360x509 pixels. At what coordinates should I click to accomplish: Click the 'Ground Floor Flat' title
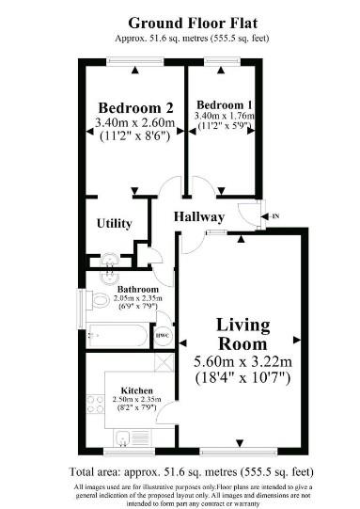click(x=193, y=24)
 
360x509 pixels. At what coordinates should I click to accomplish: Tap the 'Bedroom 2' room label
click(x=135, y=108)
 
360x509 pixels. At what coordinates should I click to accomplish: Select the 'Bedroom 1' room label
click(x=224, y=105)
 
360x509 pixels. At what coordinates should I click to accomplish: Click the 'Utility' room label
click(x=114, y=223)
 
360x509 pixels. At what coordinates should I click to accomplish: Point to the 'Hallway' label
click(x=199, y=216)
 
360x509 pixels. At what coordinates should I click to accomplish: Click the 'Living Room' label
click(x=243, y=334)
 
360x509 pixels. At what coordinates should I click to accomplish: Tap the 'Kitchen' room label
click(x=136, y=390)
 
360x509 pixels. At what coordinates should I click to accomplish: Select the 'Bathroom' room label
click(x=138, y=289)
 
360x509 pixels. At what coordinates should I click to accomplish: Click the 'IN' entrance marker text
click(x=275, y=216)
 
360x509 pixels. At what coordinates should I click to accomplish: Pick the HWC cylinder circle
click(x=163, y=335)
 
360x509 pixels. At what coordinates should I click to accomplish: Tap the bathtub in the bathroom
click(x=117, y=336)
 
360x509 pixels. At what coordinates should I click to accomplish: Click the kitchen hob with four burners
click(x=95, y=404)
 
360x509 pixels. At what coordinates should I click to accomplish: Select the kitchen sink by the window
click(x=122, y=438)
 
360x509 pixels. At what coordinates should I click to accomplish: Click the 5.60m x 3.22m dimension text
click(x=243, y=361)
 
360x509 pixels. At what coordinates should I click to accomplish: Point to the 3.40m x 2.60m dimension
click(x=135, y=122)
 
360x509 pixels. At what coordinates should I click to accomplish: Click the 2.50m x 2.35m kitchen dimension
click(x=136, y=399)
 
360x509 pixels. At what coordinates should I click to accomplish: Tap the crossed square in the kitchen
click(x=164, y=362)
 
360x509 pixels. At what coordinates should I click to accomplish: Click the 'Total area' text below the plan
click(x=192, y=472)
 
